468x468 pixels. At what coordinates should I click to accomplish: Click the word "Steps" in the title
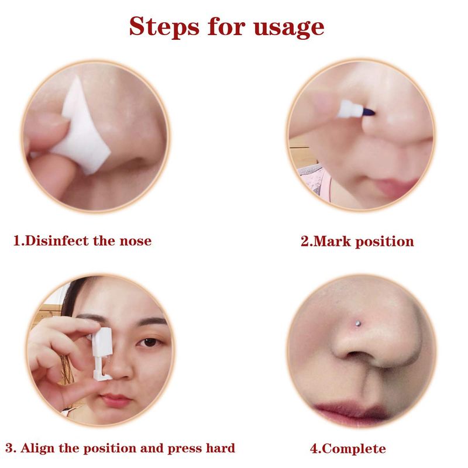pos(164,26)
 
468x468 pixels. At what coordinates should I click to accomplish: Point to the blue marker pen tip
pos(369,112)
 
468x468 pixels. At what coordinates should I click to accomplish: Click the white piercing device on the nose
pos(102,354)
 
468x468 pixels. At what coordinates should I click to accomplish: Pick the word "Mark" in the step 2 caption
pos(332,242)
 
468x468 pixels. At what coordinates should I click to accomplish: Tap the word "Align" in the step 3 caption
pos(37,449)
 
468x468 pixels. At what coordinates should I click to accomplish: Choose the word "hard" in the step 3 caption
pos(221,448)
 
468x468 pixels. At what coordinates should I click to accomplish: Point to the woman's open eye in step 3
pos(149,342)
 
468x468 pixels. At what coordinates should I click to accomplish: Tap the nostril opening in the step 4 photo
pos(356,355)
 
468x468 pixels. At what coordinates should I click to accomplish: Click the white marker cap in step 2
pos(350,109)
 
